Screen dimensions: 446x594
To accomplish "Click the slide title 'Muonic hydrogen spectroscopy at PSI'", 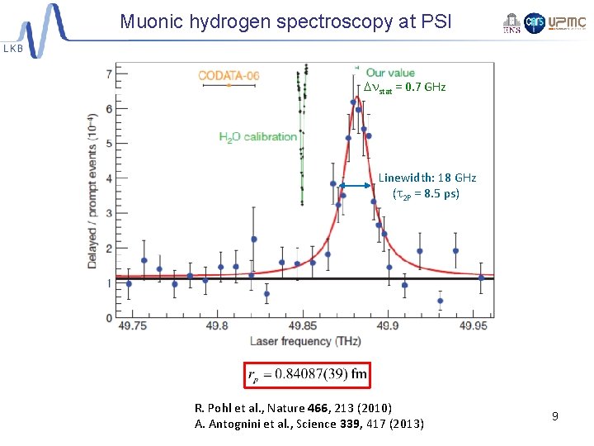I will click(285, 21).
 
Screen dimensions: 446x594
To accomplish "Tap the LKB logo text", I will click(14, 49).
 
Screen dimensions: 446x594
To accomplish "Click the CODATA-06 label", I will click(229, 76).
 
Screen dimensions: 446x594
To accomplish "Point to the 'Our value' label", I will click(390, 73).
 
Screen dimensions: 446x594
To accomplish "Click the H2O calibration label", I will click(258, 136).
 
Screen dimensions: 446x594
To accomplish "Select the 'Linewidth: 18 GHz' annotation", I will click(427, 178).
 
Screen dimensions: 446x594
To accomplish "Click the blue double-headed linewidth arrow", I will click(356, 187).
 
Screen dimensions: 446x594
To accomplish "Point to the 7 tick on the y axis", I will click(110, 74).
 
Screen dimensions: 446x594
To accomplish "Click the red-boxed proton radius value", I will click(307, 374).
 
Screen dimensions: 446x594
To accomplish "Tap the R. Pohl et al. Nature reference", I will click(293, 408).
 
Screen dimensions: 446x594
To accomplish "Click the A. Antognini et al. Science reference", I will click(309, 425).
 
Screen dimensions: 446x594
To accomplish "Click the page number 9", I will click(555, 416).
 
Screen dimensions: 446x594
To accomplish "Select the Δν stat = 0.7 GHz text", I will click(404, 88).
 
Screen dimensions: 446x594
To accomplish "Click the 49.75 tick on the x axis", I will click(131, 326).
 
